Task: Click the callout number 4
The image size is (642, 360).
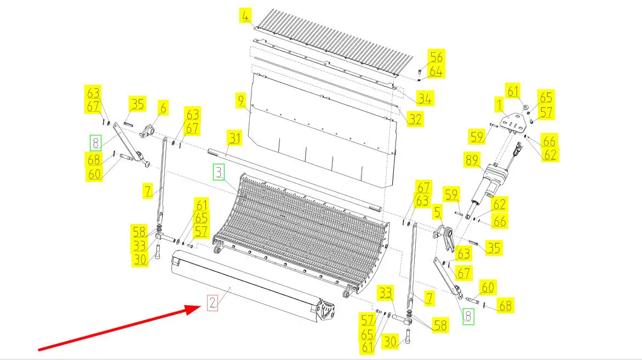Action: coord(245,16)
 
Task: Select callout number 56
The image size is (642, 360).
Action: coord(436,57)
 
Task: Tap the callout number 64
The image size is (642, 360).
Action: coord(436,71)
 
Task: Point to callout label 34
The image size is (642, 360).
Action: coord(425,99)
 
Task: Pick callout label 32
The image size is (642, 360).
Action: coord(415,119)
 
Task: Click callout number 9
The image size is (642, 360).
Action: coord(241,100)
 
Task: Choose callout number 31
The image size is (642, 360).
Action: coord(234,138)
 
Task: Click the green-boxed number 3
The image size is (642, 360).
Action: coord(219,172)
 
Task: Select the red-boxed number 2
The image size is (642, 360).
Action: coord(212,302)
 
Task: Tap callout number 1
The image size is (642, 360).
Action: coord(499,105)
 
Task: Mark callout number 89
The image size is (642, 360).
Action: coord(472,160)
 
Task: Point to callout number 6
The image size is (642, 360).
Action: coord(163,108)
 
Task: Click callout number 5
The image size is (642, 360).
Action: coord(438,212)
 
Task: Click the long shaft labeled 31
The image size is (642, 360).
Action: coord(294,181)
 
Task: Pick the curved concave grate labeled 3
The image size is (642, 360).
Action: coord(301,233)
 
